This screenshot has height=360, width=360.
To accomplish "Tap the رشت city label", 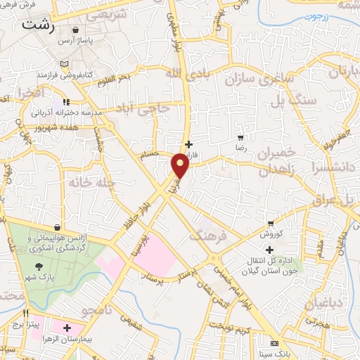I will click(x=37, y=24).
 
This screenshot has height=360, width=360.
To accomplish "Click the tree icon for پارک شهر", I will click(x=38, y=266).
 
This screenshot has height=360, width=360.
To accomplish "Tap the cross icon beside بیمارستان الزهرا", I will click(x=67, y=328).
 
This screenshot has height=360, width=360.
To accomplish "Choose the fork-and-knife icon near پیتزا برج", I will click(x=26, y=314).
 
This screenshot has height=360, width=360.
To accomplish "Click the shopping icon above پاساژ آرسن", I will click(x=75, y=30).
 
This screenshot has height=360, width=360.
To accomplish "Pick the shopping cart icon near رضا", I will click(x=241, y=138).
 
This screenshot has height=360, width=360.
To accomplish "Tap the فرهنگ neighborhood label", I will click(x=208, y=234).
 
